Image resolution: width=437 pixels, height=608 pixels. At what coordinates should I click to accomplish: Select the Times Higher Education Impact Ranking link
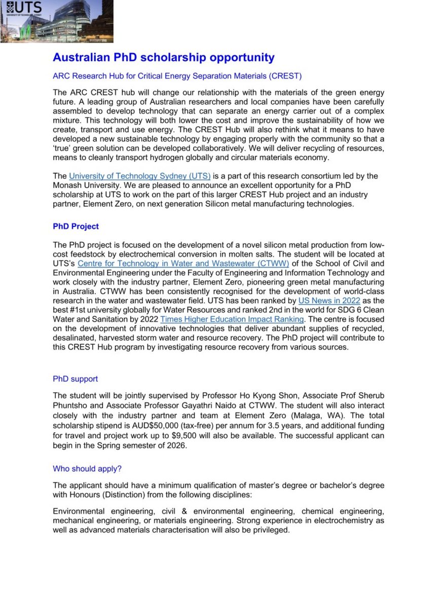(232, 319)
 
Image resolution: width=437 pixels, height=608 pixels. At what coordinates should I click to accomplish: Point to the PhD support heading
(76, 379)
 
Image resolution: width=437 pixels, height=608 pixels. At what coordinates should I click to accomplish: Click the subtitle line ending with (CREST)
(177, 77)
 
